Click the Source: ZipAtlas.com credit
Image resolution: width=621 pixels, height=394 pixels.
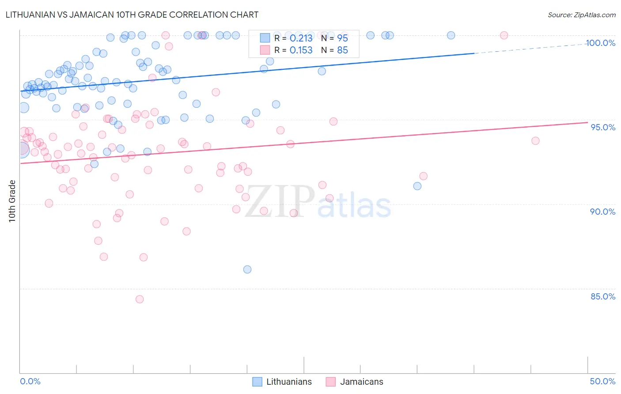click(581, 15)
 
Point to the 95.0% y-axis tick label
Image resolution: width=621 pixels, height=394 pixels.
click(603, 127)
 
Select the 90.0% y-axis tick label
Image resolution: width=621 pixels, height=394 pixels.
click(603, 212)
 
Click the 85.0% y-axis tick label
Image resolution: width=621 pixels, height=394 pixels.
click(603, 296)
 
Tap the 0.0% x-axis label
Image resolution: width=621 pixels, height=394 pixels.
click(30, 381)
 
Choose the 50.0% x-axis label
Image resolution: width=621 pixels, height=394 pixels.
click(602, 381)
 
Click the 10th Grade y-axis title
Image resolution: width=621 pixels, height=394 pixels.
click(12, 201)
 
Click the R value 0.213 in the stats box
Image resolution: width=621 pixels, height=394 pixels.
click(301, 38)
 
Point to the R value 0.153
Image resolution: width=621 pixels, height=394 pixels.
click(301, 50)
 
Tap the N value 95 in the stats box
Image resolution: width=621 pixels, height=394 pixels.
click(342, 38)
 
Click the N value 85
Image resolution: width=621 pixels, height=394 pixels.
click(342, 50)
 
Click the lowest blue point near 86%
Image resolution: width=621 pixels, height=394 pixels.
click(247, 269)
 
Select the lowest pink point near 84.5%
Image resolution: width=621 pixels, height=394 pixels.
click(140, 299)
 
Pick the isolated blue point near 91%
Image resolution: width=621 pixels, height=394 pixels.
click(417, 186)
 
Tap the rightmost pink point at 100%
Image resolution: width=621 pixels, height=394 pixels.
click(504, 35)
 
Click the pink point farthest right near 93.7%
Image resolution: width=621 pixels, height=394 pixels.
click(535, 141)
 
